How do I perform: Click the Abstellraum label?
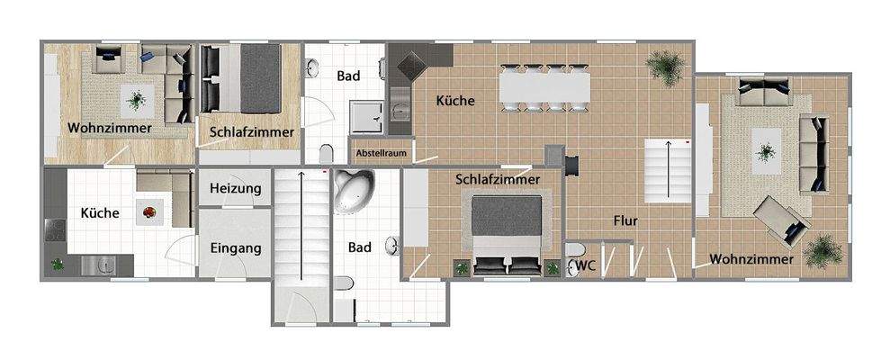coord(382,153)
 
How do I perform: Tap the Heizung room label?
coord(235,188)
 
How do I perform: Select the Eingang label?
coord(235,247)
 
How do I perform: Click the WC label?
coord(587,265)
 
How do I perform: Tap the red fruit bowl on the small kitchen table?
coord(149,213)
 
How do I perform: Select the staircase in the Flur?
coord(667,169)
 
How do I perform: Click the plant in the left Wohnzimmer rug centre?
coord(136,99)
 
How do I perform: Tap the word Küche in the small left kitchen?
coord(101,213)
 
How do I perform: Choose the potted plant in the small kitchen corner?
coord(58,265)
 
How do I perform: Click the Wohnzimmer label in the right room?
coord(751,259)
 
